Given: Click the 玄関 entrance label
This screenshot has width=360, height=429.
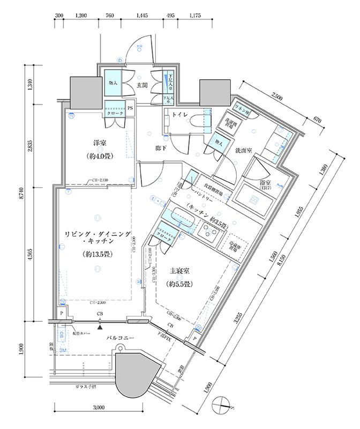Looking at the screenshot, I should click(x=141, y=85).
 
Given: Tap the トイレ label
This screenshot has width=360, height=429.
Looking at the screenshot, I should click(x=178, y=114).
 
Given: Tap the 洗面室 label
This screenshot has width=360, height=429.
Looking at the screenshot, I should click(x=245, y=151).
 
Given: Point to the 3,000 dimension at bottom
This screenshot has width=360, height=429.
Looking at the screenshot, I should click(x=98, y=408).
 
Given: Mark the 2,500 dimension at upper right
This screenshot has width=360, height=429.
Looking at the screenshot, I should click(x=278, y=96).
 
